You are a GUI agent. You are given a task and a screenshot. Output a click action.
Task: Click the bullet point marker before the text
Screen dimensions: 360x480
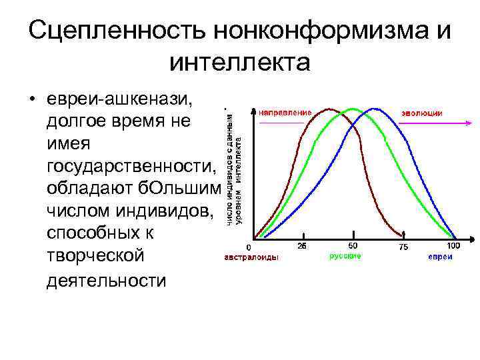tap(31, 101)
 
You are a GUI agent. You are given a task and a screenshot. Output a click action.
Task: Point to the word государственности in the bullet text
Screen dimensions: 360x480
tap(132, 167)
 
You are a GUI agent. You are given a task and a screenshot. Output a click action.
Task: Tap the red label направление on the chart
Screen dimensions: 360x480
tap(285, 113)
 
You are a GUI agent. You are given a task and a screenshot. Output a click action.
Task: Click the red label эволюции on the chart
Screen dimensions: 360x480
tap(421, 113)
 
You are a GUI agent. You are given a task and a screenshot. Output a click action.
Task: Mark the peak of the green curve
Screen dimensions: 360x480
tap(351, 109)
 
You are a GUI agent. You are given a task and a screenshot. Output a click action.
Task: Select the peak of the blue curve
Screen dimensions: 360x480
tap(375, 109)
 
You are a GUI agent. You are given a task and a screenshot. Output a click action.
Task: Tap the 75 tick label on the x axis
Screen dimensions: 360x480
tap(403, 247)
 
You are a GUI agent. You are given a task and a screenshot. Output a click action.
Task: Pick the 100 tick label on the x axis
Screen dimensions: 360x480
tap(453, 245)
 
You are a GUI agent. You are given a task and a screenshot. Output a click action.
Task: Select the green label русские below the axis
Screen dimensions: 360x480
tap(345, 257)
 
